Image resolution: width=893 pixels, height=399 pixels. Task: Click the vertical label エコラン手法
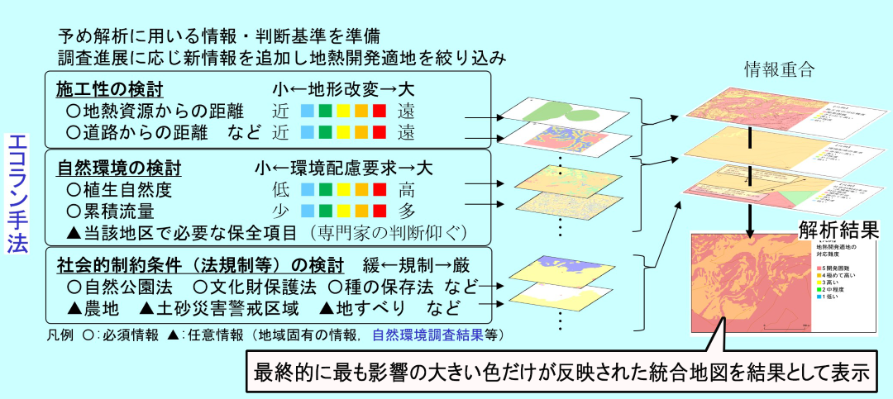point(17,195)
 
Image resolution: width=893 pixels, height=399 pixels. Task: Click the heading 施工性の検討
point(109,88)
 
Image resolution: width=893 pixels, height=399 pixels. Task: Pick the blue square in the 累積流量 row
point(307,211)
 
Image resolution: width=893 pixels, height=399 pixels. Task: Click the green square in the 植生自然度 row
point(326,190)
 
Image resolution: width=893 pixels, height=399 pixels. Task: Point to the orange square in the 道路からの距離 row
point(362,132)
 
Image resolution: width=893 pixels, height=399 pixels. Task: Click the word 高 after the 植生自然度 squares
point(406,190)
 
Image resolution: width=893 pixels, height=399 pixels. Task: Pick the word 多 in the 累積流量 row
point(406,211)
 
